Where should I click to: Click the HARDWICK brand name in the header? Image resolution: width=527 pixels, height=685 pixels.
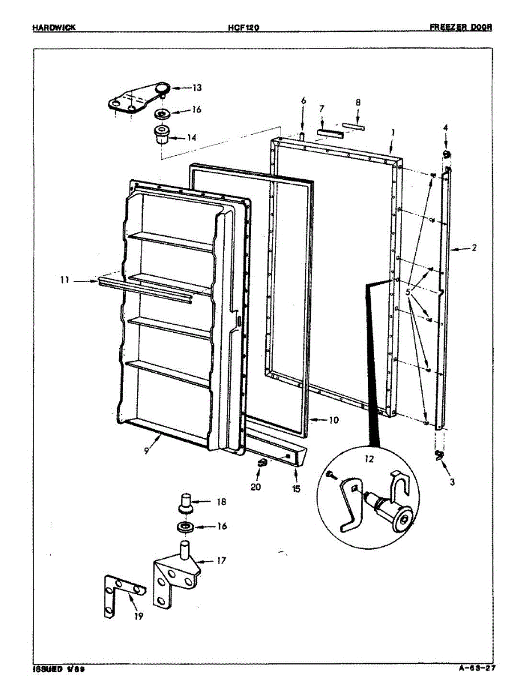(55, 27)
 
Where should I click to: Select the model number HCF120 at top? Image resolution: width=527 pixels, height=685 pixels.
(244, 27)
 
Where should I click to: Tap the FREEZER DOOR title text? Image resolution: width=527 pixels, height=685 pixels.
(461, 27)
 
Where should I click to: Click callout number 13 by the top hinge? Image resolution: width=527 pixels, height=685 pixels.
(197, 88)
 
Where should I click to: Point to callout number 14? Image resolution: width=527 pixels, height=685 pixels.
(192, 138)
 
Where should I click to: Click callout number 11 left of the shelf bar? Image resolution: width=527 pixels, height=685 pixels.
(66, 280)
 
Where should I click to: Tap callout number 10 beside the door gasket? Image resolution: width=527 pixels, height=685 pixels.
(334, 420)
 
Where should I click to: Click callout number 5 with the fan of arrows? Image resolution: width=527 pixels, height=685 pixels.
(408, 292)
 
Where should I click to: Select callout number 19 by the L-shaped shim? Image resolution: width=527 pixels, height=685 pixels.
(138, 616)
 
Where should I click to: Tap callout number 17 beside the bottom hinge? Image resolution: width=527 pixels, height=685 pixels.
(221, 561)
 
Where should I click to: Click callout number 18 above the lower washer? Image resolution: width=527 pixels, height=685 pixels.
(221, 502)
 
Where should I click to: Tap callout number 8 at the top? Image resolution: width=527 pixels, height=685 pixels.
(358, 103)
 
